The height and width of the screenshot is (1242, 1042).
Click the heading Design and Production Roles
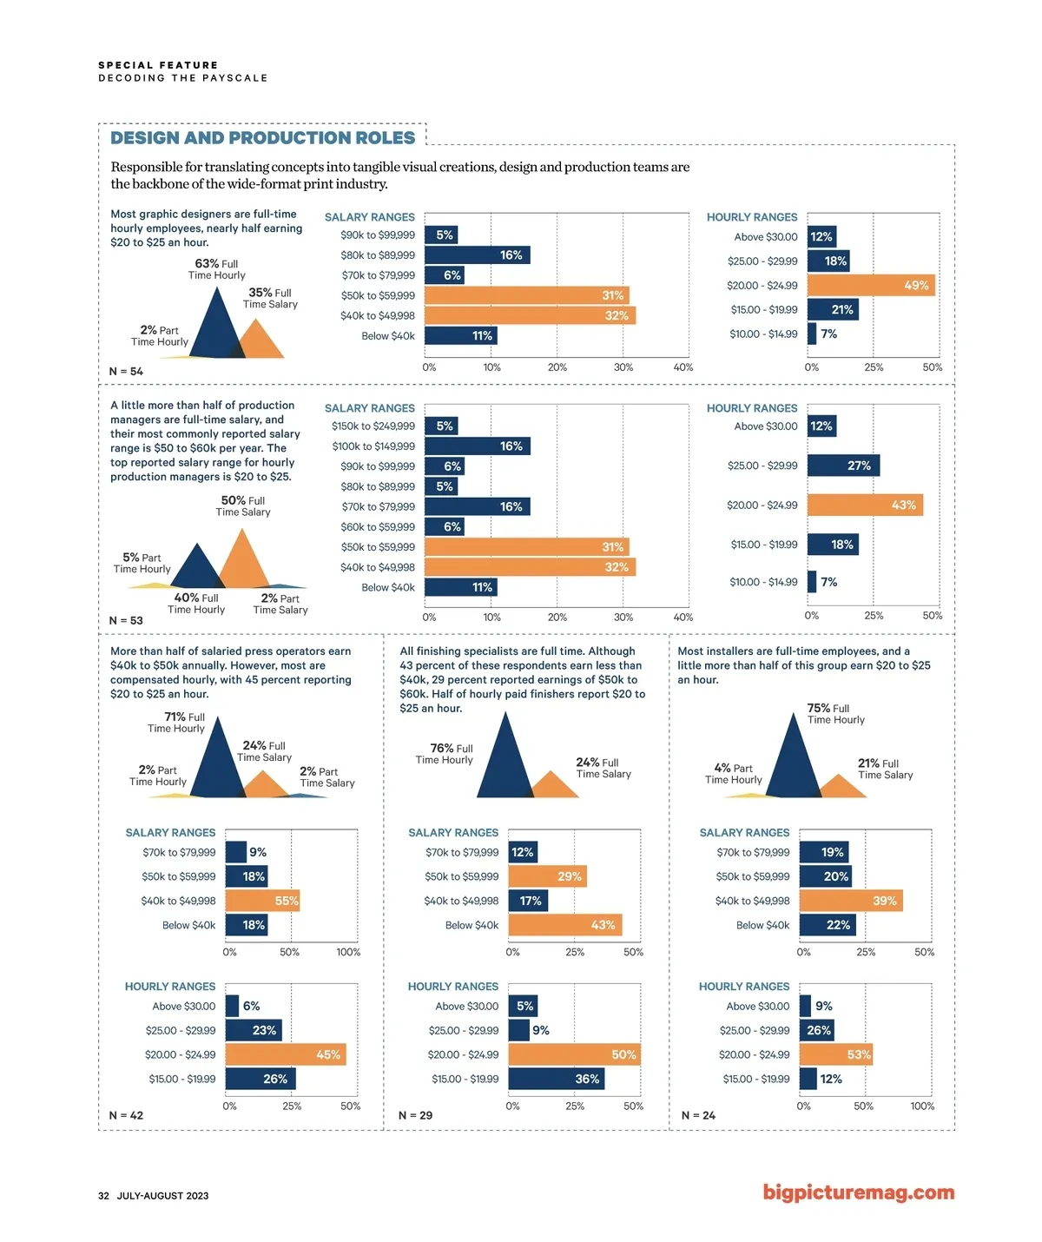[262, 138]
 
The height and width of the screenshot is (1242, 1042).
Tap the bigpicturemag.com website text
[858, 1192]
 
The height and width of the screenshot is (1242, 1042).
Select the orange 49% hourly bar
[871, 285]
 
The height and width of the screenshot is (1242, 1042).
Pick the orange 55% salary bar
[262, 901]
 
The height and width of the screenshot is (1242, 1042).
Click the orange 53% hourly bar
[835, 1054]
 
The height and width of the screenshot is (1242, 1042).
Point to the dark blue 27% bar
[843, 466]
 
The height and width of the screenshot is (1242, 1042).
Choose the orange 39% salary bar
[851, 901]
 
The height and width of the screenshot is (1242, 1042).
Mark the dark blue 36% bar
[556, 1079]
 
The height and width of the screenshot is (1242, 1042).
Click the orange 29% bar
[547, 876]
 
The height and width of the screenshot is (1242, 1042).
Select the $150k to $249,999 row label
[373, 426]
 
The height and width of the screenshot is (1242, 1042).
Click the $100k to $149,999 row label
[373, 446]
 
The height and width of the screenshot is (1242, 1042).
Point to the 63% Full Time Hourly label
[217, 269]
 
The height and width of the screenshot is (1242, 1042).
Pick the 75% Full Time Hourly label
[835, 714]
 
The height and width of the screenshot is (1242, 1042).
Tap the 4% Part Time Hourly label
[734, 774]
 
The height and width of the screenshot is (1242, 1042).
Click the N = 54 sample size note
[126, 372]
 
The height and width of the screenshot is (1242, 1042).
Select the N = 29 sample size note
[415, 1115]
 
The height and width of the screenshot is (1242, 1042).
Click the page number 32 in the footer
[104, 1196]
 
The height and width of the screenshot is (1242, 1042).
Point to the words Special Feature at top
[158, 65]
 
